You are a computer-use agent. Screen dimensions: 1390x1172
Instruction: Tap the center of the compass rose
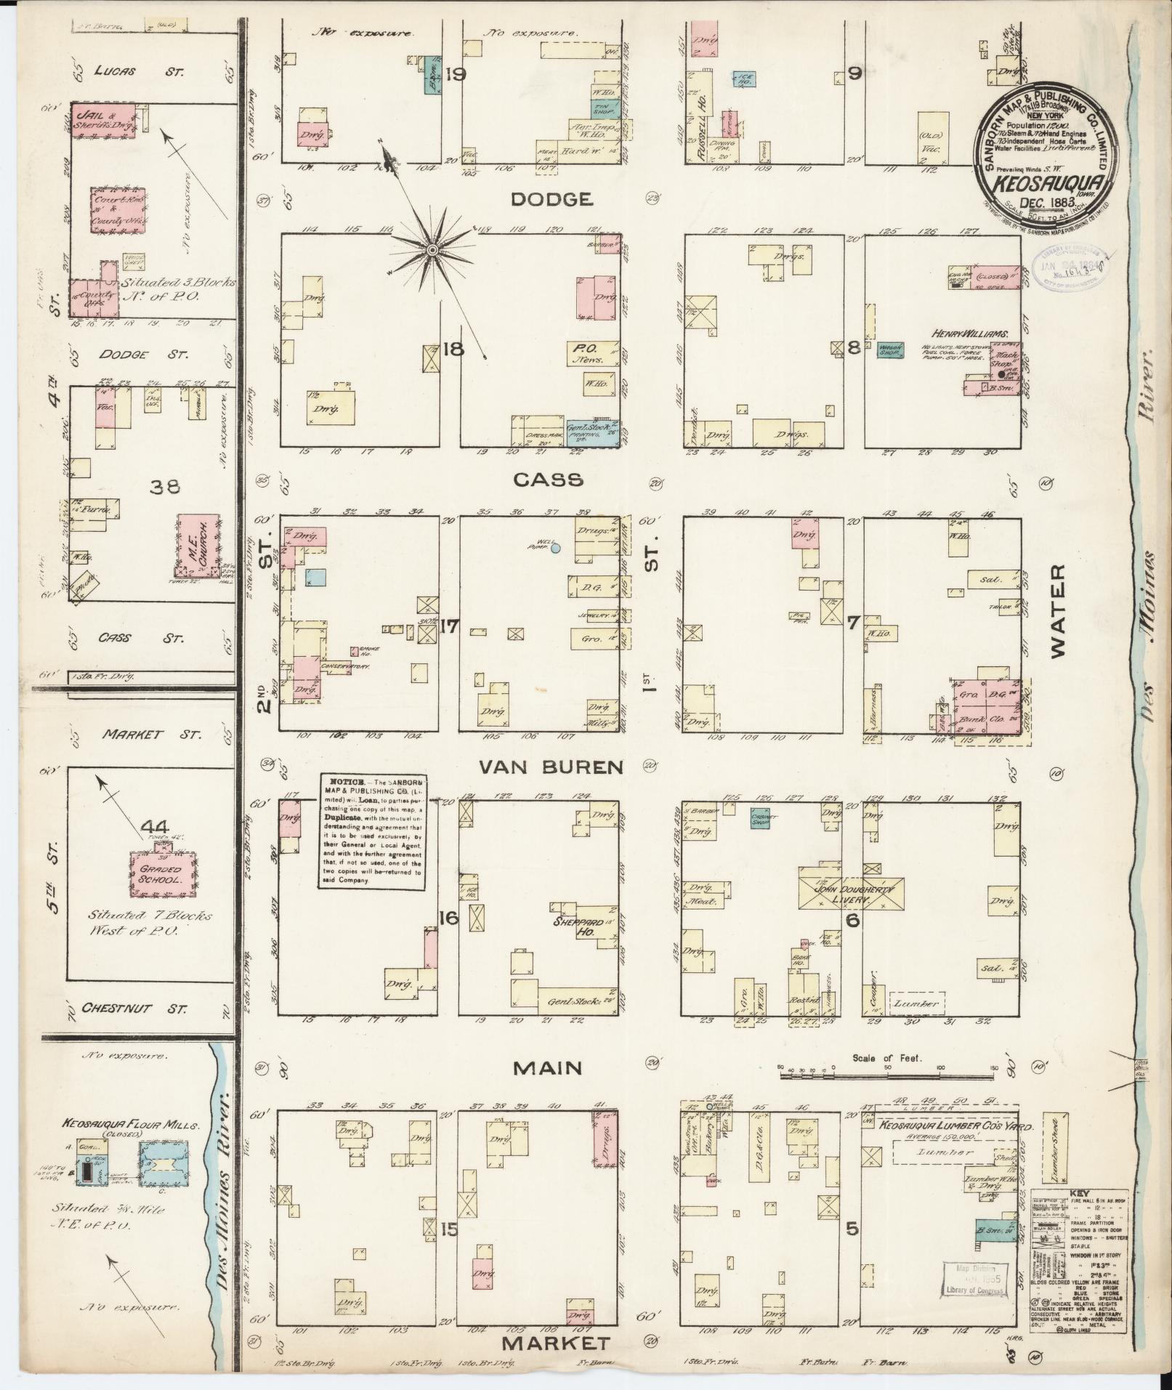click(x=432, y=250)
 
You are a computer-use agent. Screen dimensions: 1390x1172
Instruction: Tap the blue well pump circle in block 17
click(x=555, y=549)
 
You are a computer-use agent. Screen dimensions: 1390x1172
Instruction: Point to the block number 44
click(x=155, y=827)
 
